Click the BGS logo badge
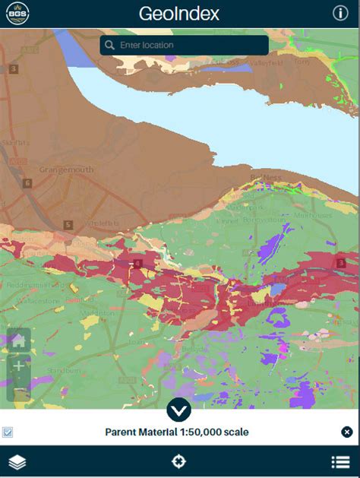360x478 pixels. coord(14,13)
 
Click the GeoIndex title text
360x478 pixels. coord(179,14)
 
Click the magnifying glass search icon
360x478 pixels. coord(111,46)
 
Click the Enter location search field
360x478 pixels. coord(190,46)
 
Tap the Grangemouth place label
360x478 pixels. coord(66,169)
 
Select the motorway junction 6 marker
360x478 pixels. coord(27,183)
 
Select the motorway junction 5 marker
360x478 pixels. coord(68,225)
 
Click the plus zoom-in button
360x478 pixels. coord(19,366)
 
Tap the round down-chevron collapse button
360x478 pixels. coord(179,411)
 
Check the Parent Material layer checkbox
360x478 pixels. coord(8,432)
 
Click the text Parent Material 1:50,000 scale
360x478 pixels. coord(176,432)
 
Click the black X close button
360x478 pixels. coord(347,432)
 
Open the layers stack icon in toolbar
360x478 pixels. coord(17,462)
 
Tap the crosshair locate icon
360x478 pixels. coord(179,462)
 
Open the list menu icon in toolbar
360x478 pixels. coord(340,462)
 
